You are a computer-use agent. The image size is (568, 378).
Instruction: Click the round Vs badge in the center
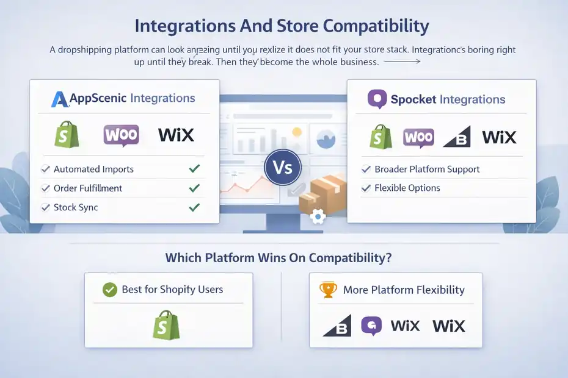click(x=283, y=167)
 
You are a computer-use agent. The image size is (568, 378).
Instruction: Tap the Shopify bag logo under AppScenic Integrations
click(x=67, y=134)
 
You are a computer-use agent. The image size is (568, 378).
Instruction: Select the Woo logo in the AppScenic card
click(x=121, y=135)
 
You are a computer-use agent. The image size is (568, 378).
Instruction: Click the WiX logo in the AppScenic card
click(x=176, y=135)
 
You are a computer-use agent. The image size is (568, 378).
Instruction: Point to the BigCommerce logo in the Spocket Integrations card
click(x=457, y=137)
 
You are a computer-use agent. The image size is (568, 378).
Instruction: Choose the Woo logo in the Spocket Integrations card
click(x=418, y=137)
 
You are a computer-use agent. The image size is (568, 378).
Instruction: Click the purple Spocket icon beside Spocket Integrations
click(x=377, y=99)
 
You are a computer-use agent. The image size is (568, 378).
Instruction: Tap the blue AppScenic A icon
click(x=60, y=99)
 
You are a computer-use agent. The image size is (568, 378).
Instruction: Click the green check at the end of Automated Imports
click(x=194, y=169)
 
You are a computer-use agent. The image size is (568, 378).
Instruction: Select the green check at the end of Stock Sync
click(x=194, y=207)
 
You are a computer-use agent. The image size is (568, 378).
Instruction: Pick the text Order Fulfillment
click(x=88, y=188)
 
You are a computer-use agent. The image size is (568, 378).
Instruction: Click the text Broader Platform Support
click(x=427, y=169)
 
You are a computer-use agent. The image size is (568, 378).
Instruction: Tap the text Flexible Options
click(x=407, y=188)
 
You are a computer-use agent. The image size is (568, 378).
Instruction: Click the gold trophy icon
click(x=328, y=290)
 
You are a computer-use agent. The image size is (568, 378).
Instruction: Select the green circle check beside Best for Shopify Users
click(x=110, y=290)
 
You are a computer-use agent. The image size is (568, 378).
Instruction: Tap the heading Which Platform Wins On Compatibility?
click(x=279, y=257)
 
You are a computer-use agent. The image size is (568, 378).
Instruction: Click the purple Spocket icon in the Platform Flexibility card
click(x=371, y=326)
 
